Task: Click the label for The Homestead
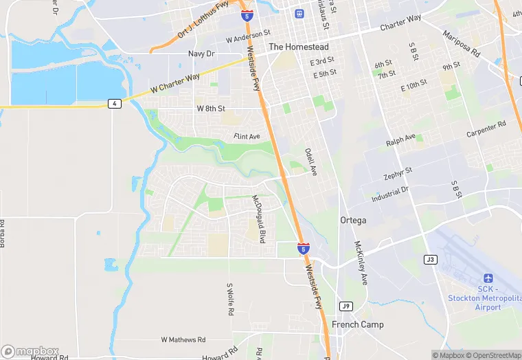298,47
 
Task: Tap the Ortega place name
353,221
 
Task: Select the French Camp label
358,324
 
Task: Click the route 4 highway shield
114,103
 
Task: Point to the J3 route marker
431,259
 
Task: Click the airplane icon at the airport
488,278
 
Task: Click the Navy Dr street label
201,54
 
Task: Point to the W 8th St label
211,109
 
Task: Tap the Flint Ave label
247,137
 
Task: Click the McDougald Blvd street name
258,219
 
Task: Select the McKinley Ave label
361,263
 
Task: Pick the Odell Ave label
311,161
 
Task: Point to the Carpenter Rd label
486,128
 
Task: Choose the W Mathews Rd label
183,339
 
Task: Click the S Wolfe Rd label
230,300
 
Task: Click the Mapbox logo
30,351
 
